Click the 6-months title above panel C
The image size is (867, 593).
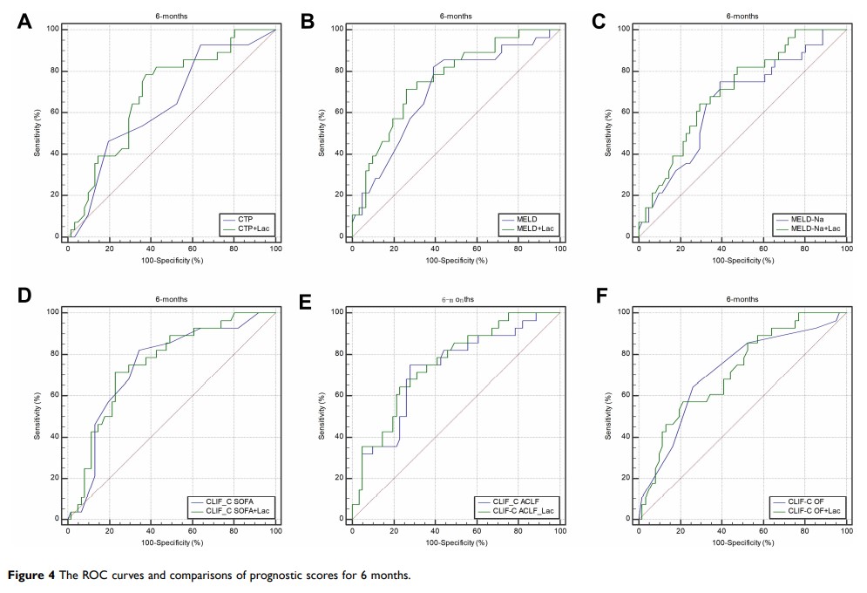tap(742, 16)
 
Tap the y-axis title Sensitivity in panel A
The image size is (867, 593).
tap(38, 133)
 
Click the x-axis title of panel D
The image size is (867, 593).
tap(172, 542)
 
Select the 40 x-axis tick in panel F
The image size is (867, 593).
tap(721, 530)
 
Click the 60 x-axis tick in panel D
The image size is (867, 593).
tap(193, 530)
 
